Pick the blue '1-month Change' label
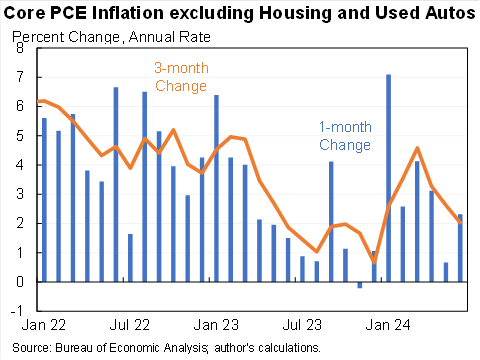(x=344, y=137)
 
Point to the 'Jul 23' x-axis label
(x=299, y=326)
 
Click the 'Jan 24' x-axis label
(x=387, y=326)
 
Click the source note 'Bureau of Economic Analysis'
(x=119, y=347)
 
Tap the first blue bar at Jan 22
(x=43, y=200)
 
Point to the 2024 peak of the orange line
(x=417, y=148)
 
